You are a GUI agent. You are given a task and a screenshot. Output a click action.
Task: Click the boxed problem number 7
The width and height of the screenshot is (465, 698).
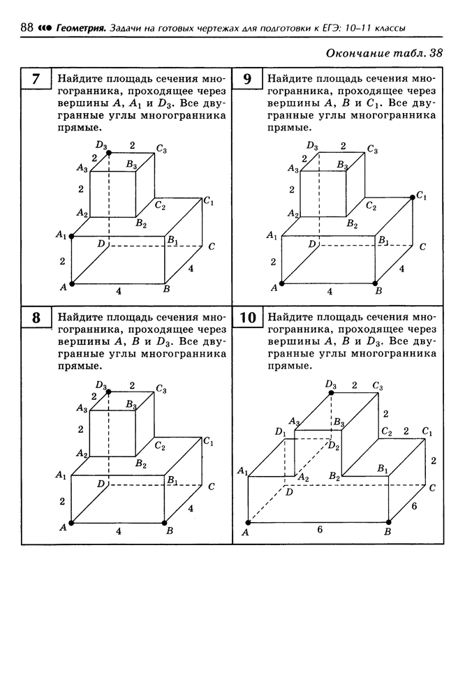tap(36, 79)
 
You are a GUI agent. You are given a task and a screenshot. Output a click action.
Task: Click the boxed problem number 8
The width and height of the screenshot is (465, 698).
tap(36, 318)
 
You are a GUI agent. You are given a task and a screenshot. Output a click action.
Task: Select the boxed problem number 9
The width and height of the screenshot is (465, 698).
tap(247, 79)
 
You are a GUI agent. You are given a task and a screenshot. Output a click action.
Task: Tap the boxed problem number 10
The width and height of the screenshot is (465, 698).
tap(248, 318)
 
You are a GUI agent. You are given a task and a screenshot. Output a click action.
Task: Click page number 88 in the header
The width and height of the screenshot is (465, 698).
tap(27, 28)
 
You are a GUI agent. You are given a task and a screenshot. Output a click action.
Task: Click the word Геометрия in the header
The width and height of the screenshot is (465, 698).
tap(80, 29)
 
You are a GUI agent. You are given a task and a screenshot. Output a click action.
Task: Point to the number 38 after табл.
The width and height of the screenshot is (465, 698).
tap(436, 53)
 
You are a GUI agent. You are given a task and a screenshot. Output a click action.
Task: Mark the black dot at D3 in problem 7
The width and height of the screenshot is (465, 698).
tap(109, 153)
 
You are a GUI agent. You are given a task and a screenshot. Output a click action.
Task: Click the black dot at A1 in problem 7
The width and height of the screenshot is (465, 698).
tap(72, 237)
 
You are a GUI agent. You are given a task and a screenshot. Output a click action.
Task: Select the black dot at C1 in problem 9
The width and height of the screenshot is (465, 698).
tap(413, 197)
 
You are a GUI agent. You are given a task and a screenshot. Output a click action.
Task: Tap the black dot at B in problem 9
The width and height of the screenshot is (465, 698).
tap(375, 283)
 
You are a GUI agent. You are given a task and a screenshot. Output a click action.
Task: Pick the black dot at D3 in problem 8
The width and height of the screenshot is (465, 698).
tap(109, 392)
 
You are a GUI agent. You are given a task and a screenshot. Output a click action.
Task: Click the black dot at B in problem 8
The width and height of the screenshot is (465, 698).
tap(164, 522)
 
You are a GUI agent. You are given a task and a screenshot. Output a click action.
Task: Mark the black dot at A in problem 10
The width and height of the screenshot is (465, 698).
tap(248, 522)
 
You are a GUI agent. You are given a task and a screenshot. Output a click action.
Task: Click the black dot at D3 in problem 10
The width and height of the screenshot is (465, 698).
tap(331, 392)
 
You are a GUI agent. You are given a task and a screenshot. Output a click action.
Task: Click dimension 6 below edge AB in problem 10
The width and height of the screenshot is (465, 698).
tap(320, 529)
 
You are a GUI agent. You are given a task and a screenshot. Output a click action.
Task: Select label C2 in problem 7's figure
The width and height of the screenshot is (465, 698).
tap(161, 205)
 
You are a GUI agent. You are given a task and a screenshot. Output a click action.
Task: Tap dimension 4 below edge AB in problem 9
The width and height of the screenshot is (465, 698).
tap(330, 292)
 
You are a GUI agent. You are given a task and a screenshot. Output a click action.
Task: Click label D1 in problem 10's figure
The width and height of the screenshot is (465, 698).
tap(280, 431)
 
